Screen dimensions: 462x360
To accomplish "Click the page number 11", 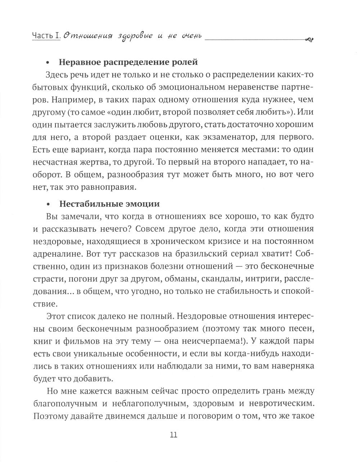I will click(x=173, y=434).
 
